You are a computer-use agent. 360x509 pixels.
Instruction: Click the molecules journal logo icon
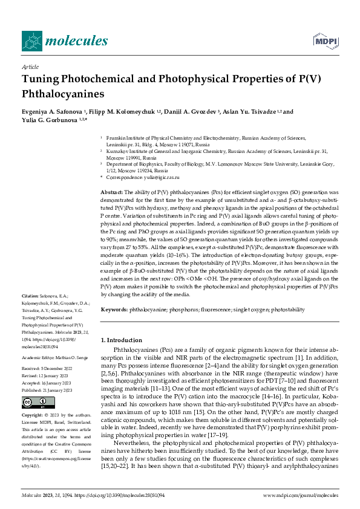coord(33,41)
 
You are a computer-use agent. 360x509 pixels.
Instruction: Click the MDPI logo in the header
coord(325,41)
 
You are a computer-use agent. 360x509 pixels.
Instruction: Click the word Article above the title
coord(30,67)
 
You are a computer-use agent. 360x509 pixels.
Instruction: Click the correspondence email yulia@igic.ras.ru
coord(157,177)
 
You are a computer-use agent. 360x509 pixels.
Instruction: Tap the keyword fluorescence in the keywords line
coord(215,309)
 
